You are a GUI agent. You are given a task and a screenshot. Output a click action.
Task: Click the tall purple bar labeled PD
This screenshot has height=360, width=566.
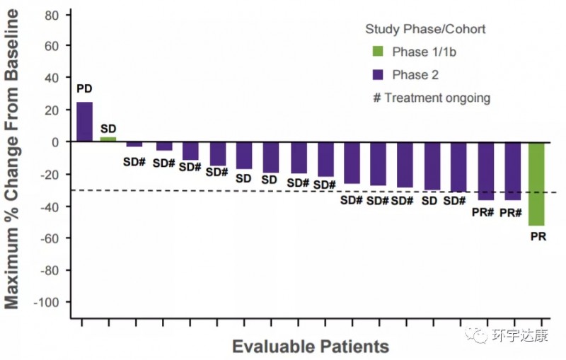[x=84, y=122]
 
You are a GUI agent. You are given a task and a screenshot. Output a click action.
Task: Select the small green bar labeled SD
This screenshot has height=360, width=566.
[x=108, y=139]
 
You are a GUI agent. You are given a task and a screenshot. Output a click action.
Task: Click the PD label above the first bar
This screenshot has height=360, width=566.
[x=84, y=89]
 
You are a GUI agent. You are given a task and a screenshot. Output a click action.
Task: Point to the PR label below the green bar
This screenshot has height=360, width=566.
[x=538, y=236]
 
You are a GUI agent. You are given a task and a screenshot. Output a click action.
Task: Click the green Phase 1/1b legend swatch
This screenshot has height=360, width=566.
[x=378, y=51]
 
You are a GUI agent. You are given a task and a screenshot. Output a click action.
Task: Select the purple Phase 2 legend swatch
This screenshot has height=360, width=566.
[x=378, y=74]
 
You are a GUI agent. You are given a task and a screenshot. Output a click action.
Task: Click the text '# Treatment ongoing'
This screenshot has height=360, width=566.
[x=431, y=98]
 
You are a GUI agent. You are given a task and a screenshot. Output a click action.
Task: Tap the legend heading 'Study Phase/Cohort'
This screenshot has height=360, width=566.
[x=424, y=29]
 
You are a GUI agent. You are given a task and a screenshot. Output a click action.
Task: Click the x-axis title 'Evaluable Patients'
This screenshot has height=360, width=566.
[x=311, y=347]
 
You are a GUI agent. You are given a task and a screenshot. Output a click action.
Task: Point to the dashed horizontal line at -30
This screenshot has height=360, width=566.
[x=212, y=190]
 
